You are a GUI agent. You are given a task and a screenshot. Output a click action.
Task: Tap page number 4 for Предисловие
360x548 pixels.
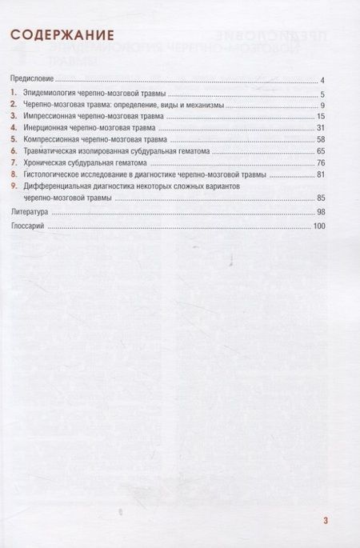(321, 81)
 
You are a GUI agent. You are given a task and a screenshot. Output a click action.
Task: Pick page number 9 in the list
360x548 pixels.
(321, 106)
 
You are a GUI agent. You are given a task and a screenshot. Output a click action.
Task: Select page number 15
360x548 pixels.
(319, 118)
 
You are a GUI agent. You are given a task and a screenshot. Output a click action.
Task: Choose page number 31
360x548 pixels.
(319, 129)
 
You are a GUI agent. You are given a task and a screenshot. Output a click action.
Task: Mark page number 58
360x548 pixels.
(319, 140)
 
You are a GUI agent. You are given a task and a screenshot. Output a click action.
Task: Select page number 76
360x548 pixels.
(319, 162)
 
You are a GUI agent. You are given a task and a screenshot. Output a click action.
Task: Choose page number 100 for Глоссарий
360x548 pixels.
(318, 227)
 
